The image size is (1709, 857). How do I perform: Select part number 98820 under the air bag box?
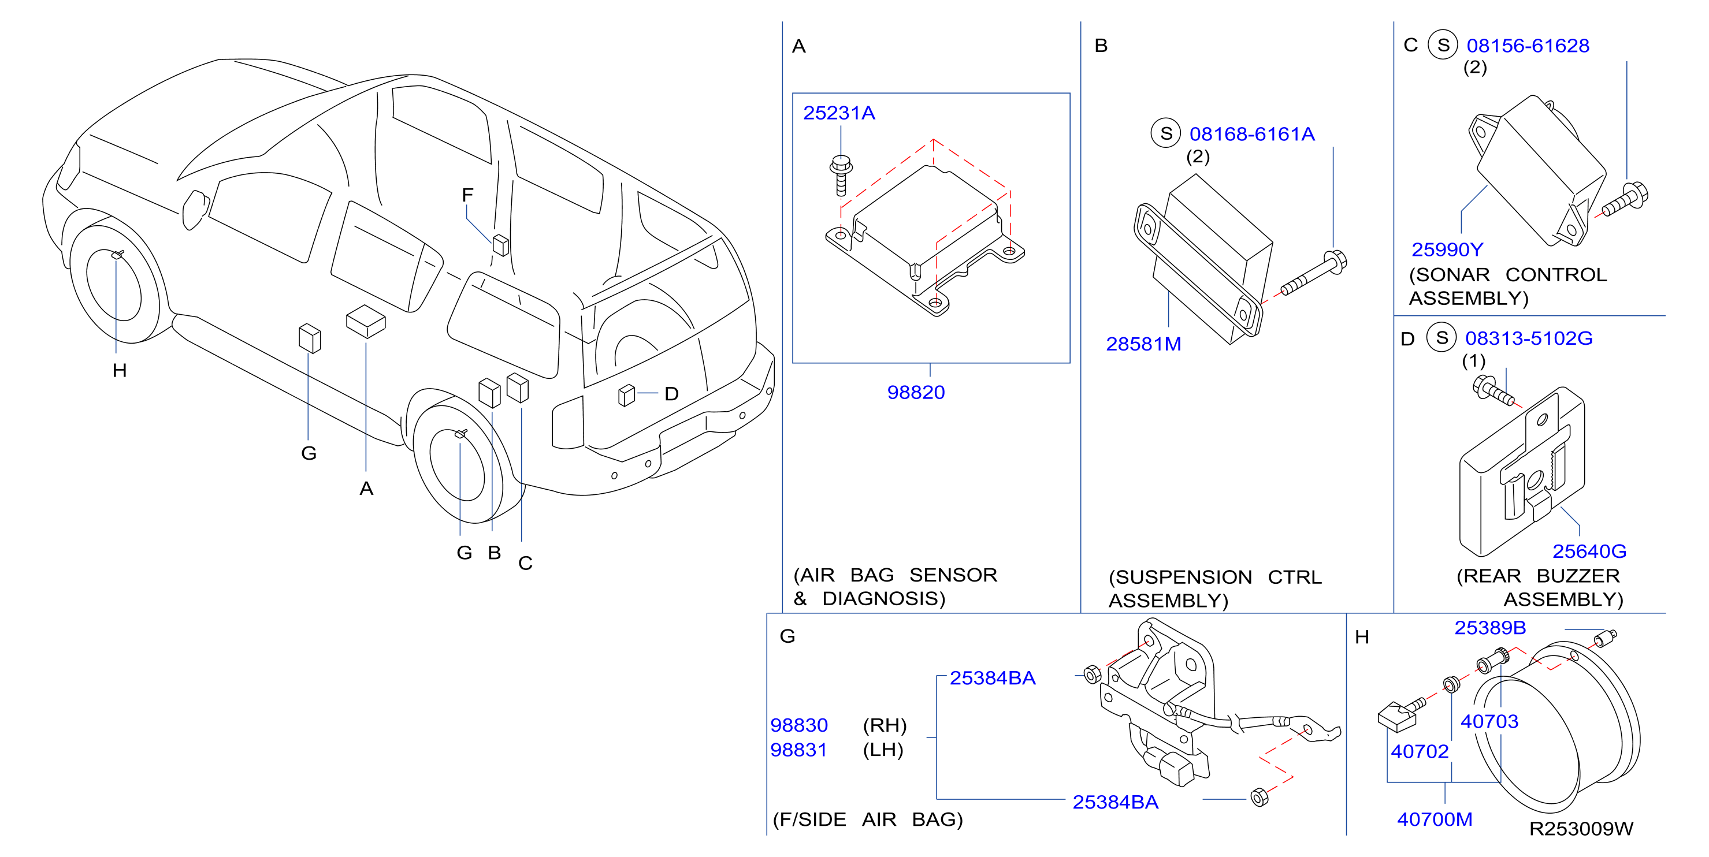pyautogui.click(x=916, y=393)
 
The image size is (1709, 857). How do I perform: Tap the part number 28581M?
pyautogui.click(x=1143, y=344)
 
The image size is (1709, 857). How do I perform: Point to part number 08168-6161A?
pyautogui.click(x=1252, y=135)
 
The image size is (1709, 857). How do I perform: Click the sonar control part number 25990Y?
pyautogui.click(x=1447, y=250)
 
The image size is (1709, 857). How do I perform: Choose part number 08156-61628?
pyautogui.click(x=1528, y=46)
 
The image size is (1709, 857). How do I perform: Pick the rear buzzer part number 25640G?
pyautogui.click(x=1589, y=551)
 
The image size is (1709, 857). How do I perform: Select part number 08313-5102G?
pyautogui.click(x=1529, y=338)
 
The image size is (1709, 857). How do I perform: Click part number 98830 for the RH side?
pyautogui.click(x=799, y=725)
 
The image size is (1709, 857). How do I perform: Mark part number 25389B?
pyautogui.click(x=1490, y=628)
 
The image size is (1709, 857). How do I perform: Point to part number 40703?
pyautogui.click(x=1489, y=721)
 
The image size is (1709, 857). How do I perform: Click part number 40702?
pyautogui.click(x=1420, y=751)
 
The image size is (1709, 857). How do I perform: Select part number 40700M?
pyautogui.click(x=1435, y=820)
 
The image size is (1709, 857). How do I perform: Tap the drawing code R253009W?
pyautogui.click(x=1581, y=829)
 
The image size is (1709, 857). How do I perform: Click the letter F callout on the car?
pyautogui.click(x=468, y=195)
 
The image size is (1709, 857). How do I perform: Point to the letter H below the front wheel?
pyautogui.click(x=120, y=371)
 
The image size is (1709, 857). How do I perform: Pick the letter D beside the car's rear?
pyautogui.click(x=671, y=394)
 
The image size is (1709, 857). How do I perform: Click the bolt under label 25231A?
pyautogui.click(x=841, y=175)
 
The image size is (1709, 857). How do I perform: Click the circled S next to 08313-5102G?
pyautogui.click(x=1441, y=338)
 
